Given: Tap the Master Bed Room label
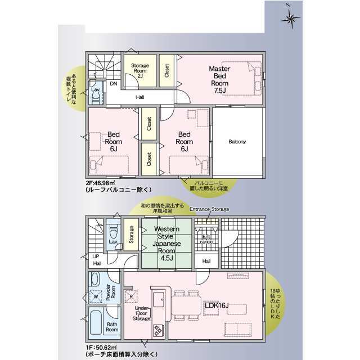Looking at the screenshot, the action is [x=219, y=79].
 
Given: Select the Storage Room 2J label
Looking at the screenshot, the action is [x=140, y=71].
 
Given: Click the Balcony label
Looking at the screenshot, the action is [x=237, y=142].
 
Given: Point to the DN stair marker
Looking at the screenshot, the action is [x=114, y=84].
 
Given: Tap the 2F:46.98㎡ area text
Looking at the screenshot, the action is [x=100, y=183].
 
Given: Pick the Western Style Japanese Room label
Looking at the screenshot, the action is [x=166, y=244].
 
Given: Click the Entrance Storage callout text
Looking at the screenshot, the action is [x=209, y=209].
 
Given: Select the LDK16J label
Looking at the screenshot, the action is [x=217, y=305].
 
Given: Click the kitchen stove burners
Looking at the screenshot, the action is [x=158, y=330].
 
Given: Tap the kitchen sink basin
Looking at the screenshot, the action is [x=159, y=299].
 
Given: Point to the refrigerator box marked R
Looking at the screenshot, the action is [x=131, y=296].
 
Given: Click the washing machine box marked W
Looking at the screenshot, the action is [x=96, y=296].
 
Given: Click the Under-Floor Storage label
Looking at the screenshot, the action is [x=141, y=313].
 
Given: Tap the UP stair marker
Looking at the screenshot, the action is [x=96, y=256].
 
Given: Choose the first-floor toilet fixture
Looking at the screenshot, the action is [x=113, y=231].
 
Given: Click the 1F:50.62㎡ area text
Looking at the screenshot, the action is [x=100, y=348].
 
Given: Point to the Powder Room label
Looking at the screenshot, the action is [x=111, y=292].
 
